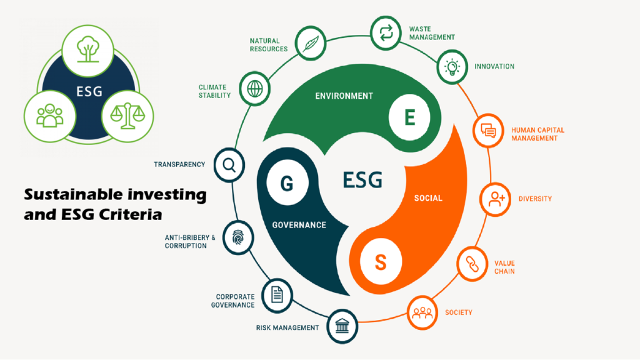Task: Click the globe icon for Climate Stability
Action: (254, 88)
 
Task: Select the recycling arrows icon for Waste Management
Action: (386, 31)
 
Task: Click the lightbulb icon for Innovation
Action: (451, 67)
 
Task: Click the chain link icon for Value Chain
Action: (473, 265)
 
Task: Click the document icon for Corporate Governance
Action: (277, 293)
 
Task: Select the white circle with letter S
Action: (380, 262)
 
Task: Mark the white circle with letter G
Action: (287, 184)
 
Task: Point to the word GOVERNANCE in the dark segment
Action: (299, 225)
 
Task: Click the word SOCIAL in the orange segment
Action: (428, 198)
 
